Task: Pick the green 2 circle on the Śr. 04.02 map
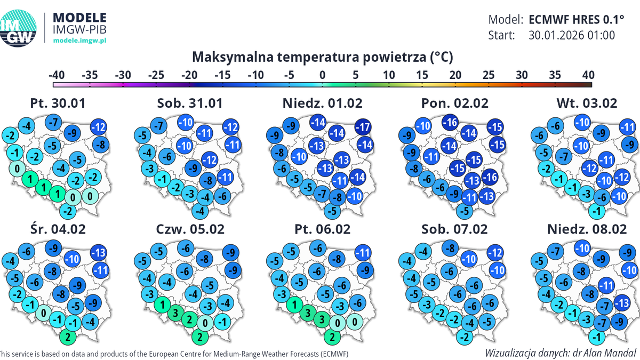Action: point(67,337)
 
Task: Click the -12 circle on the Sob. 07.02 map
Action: point(494,253)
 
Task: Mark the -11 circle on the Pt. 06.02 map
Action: point(363,253)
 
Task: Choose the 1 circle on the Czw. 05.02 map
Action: point(159,305)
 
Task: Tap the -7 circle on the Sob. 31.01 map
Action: point(158,126)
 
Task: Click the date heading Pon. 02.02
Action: point(454,103)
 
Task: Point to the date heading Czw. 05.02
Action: point(190,229)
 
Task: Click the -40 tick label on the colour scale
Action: point(57,75)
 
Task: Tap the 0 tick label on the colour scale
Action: point(322,75)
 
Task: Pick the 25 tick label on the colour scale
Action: point(488,75)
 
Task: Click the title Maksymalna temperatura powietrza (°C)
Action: point(322,57)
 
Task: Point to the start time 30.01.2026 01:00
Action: point(572,36)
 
